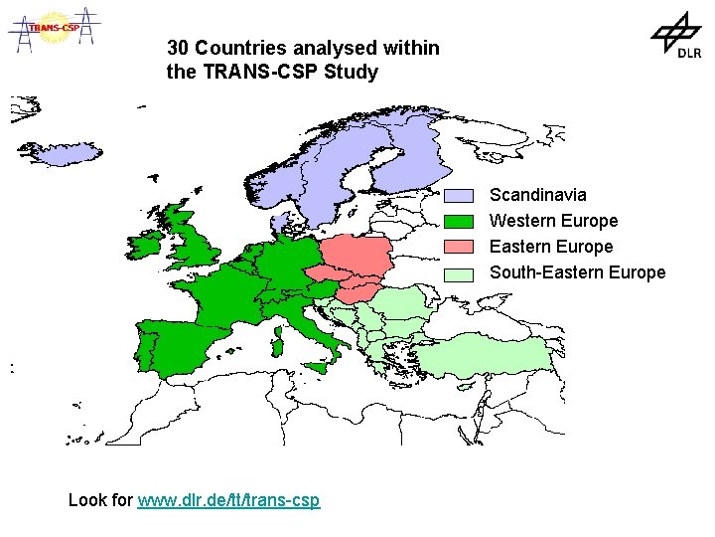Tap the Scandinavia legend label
tap(537, 195)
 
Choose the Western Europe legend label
tap(553, 221)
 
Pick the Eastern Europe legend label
tap(551, 247)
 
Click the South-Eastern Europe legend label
tap(577, 272)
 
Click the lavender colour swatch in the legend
tap(459, 195)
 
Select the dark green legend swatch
tap(459, 221)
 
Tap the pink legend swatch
tap(459, 247)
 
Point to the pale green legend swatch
tap(459, 273)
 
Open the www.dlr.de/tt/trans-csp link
tap(228, 500)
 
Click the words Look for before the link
tap(100, 500)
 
